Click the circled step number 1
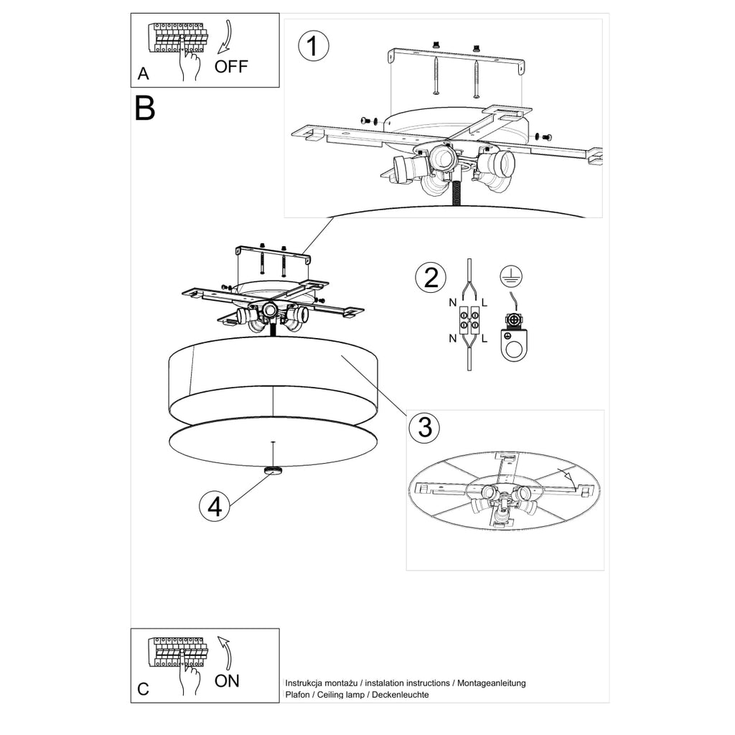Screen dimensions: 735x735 coord(314,46)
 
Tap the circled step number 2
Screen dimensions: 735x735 coord(431,277)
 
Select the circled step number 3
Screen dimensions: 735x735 coord(424,427)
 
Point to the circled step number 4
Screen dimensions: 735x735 coord(215,507)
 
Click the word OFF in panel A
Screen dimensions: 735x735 coord(231,67)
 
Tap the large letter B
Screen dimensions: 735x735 coord(144,108)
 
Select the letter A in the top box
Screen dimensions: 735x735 coord(143,74)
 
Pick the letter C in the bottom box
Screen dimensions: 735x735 coord(143,689)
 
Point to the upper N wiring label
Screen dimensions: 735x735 coord(452,302)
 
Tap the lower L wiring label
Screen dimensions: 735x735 coord(484,338)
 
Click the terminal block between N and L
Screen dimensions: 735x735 coord(469,319)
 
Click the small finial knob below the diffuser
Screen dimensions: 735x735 coord(273,471)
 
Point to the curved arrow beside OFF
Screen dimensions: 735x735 coord(226,37)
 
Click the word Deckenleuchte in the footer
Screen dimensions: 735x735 coord(401,695)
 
